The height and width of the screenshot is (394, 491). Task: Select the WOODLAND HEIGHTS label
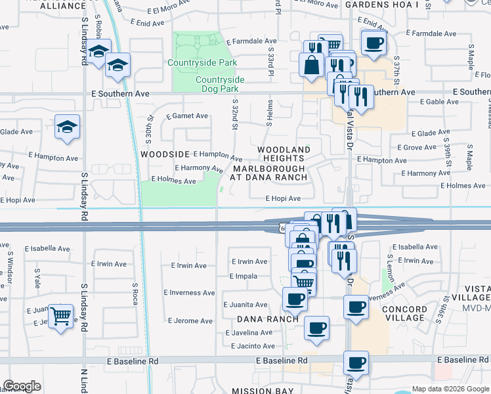point(282,154)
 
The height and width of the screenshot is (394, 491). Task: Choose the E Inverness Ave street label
point(189,293)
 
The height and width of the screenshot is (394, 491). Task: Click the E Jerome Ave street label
point(190,321)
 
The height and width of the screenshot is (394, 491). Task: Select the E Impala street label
point(244,276)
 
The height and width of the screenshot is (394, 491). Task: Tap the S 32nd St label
point(234,116)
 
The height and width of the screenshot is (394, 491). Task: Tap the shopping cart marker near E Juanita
point(61,317)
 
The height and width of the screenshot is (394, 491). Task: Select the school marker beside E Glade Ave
point(67,126)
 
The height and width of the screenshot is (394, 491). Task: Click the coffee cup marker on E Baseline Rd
point(356,362)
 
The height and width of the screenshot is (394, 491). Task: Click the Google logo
point(22,386)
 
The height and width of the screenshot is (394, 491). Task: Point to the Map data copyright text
point(450,389)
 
